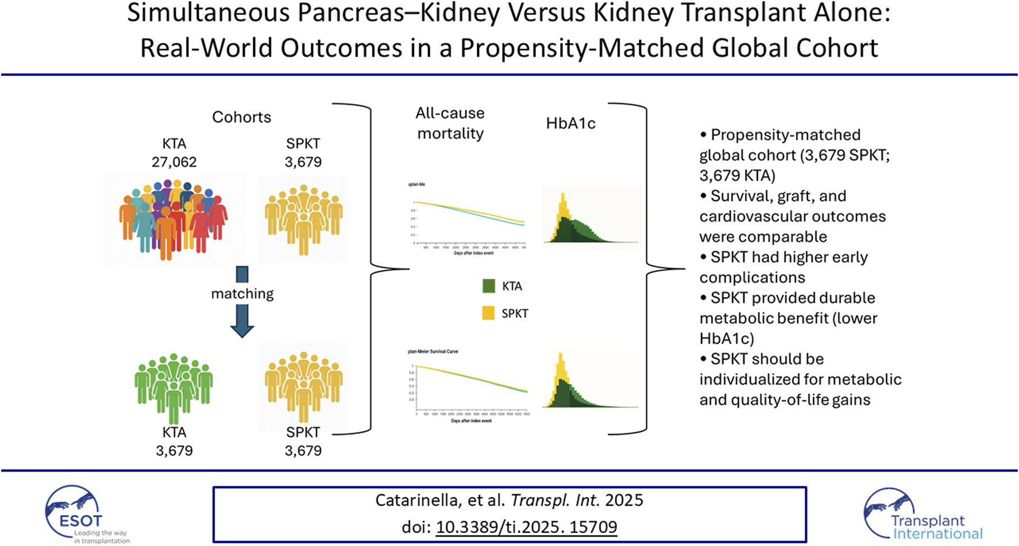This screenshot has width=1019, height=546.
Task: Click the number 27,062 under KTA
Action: point(174,162)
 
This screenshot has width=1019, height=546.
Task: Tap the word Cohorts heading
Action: point(242,117)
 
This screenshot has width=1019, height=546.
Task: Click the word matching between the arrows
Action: point(242,294)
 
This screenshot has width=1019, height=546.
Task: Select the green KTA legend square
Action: point(488,286)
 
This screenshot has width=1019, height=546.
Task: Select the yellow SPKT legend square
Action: point(488,313)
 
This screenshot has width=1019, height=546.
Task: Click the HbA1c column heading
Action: point(570,124)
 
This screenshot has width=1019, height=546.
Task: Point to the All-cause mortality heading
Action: point(450,123)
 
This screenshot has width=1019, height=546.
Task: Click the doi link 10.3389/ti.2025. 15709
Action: point(526,527)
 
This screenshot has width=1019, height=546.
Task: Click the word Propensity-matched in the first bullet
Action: point(786,135)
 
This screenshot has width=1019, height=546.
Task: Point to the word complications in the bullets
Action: point(752,278)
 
